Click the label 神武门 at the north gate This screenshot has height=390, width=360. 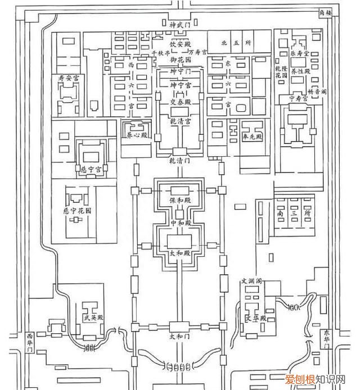click(180, 25)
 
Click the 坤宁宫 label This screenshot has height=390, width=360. click(180, 84)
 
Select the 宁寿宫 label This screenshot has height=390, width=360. click(299, 98)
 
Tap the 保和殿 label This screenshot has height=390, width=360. click(180, 200)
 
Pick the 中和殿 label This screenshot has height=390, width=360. click(180, 224)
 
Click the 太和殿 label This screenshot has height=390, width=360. click(180, 254)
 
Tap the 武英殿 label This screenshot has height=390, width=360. click(92, 318)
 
